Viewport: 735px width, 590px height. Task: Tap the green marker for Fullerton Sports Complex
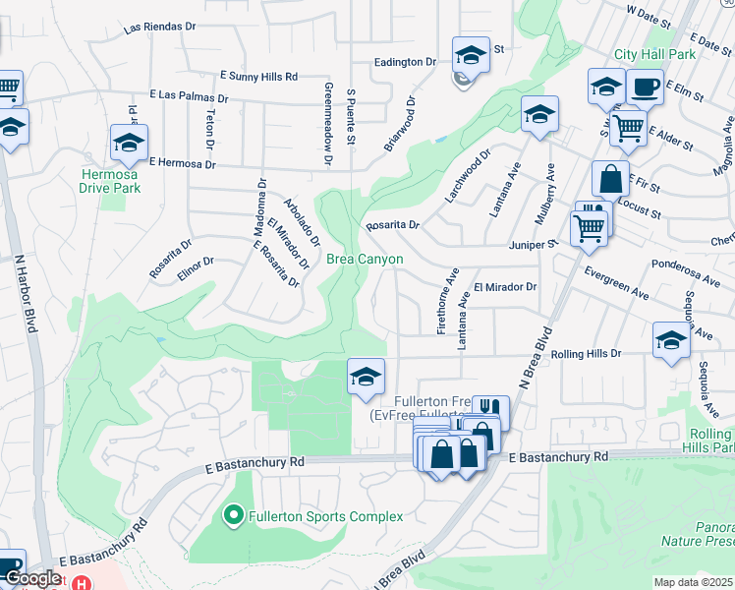pyautogui.click(x=234, y=514)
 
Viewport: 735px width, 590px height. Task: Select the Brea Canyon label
pyautogui.click(x=365, y=259)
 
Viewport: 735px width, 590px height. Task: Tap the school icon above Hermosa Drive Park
pyautogui.click(x=129, y=145)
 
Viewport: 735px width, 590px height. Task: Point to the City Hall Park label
pyautogui.click(x=654, y=54)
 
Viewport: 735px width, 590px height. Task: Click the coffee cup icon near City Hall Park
pyautogui.click(x=645, y=88)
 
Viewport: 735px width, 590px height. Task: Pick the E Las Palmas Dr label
pyautogui.click(x=189, y=97)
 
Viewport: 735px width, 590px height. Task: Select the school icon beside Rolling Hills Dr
pyautogui.click(x=671, y=341)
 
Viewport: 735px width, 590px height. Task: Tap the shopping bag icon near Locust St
pyautogui.click(x=610, y=180)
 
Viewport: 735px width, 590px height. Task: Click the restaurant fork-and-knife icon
pyautogui.click(x=489, y=409)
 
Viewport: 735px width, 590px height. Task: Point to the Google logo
pyautogui.click(x=33, y=578)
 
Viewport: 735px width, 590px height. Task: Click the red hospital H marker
pyautogui.click(x=83, y=582)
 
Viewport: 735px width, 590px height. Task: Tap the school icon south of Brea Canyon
pyautogui.click(x=366, y=377)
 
